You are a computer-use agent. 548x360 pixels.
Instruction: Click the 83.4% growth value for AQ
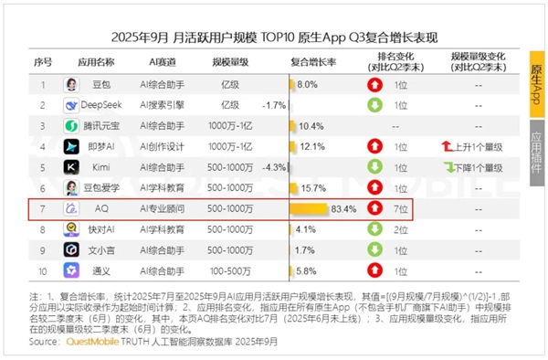click(x=342, y=208)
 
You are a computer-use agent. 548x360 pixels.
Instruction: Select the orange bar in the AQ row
click(x=310, y=208)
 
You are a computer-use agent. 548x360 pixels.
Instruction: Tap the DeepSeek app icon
click(x=70, y=104)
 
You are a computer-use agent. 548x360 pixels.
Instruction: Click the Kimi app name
click(x=100, y=167)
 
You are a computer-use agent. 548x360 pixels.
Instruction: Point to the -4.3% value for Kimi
click(x=273, y=167)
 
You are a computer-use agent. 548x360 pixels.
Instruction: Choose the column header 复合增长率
click(x=313, y=62)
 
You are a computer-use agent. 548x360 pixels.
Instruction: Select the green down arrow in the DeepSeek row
click(x=374, y=104)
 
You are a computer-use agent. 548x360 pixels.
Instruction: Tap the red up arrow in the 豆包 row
click(x=374, y=84)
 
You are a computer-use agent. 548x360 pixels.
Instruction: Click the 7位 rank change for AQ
click(x=401, y=208)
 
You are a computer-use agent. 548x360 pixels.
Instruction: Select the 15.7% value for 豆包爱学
click(x=313, y=187)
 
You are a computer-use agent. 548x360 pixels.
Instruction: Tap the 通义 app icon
click(x=70, y=270)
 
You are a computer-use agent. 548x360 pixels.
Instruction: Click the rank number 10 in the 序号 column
click(x=42, y=270)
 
